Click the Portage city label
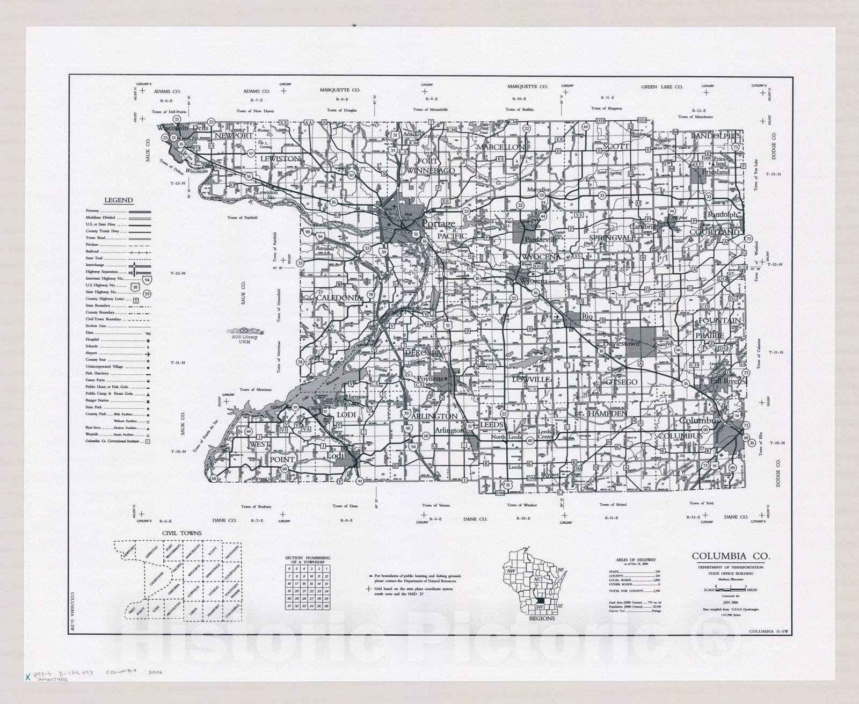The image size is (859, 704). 438,223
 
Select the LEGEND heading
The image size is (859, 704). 118,200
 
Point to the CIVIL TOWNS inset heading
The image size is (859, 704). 182,533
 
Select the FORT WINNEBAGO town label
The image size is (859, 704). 435,165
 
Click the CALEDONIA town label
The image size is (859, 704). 338,297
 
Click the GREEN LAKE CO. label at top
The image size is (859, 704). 661,86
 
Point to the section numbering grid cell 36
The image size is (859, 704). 326,606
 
